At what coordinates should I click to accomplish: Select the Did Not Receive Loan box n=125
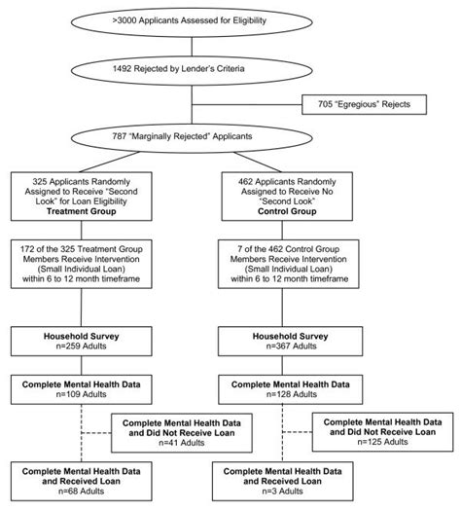coord(381,433)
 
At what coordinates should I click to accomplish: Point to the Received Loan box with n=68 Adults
coord(86,481)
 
